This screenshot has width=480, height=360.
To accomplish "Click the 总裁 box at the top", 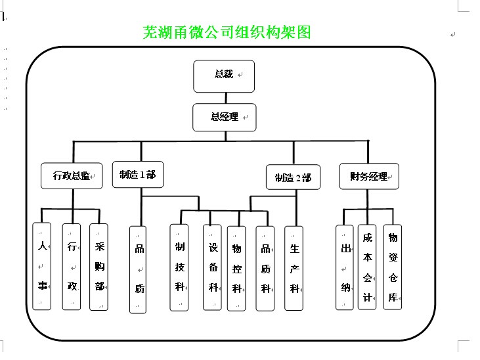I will (224, 76).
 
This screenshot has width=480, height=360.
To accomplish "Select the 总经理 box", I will (225, 118).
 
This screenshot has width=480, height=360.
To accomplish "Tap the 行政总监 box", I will (72, 175).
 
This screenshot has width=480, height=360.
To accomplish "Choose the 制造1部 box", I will (138, 175).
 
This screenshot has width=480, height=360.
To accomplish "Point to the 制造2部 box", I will (293, 177).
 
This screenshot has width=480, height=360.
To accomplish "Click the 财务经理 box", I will (369, 176).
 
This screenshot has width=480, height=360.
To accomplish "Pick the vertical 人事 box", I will (42, 266).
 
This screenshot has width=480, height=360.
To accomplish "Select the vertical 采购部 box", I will (99, 266).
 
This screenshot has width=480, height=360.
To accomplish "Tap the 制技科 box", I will (180, 267).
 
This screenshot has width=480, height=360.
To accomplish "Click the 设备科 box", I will (213, 267).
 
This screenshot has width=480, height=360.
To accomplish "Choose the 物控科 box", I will (237, 269).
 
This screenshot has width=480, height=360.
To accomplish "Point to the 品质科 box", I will (265, 269).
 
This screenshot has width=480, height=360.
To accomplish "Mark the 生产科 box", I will (294, 269).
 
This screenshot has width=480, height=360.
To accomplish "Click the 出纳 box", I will (345, 267).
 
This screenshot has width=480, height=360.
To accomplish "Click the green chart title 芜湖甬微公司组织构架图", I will (227, 32).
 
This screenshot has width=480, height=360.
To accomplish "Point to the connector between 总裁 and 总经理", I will (225, 99).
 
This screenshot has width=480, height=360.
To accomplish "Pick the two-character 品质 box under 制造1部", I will (139, 269).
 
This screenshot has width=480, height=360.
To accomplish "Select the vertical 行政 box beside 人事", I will (71, 266).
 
